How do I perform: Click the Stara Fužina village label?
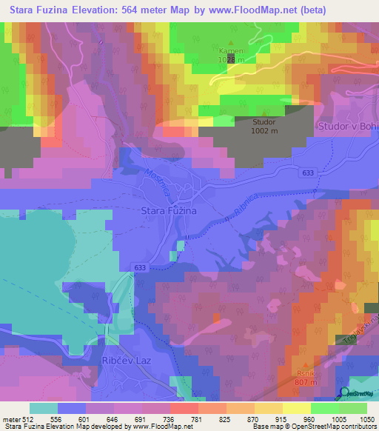(168, 211)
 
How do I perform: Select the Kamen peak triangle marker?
(230, 43)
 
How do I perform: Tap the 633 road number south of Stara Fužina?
(141, 267)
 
